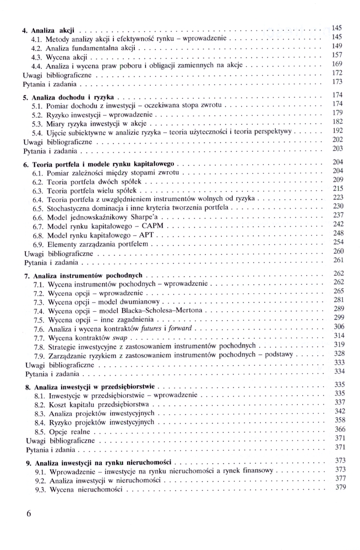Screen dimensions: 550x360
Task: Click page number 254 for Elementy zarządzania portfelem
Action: point(339,242)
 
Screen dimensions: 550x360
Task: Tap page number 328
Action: point(339,353)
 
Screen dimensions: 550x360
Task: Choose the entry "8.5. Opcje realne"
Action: point(65,432)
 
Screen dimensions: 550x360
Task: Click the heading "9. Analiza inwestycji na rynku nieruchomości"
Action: point(99,463)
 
